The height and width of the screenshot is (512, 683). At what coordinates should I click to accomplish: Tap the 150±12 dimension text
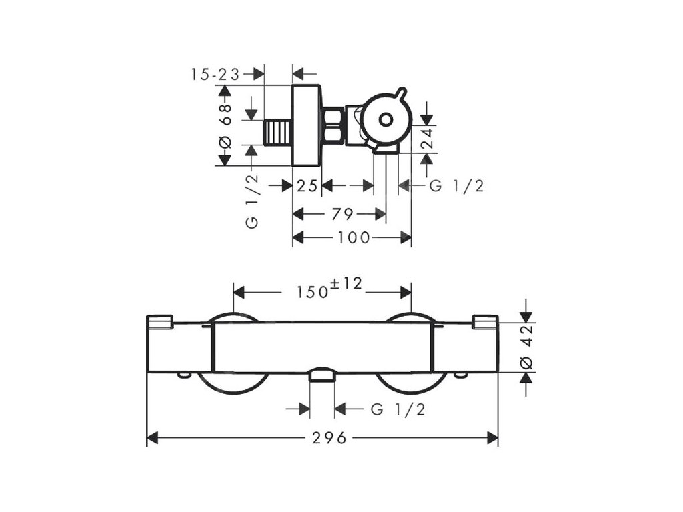click(329, 288)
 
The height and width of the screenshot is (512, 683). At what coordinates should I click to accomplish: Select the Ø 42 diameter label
click(526, 349)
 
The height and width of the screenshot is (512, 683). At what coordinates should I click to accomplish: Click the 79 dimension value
click(341, 214)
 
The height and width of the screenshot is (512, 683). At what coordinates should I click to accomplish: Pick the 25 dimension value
click(307, 186)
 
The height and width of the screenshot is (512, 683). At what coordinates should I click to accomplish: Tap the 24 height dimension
click(427, 139)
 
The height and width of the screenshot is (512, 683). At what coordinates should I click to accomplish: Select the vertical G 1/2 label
click(252, 201)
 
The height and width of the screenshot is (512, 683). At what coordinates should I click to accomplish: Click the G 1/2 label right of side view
click(456, 186)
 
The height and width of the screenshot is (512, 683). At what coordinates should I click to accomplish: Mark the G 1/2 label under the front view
click(398, 409)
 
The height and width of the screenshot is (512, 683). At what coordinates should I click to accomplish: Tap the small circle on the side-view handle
click(385, 120)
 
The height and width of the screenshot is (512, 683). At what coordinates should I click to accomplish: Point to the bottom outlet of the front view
click(322, 375)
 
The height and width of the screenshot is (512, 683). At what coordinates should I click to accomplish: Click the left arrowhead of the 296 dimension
click(151, 438)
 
